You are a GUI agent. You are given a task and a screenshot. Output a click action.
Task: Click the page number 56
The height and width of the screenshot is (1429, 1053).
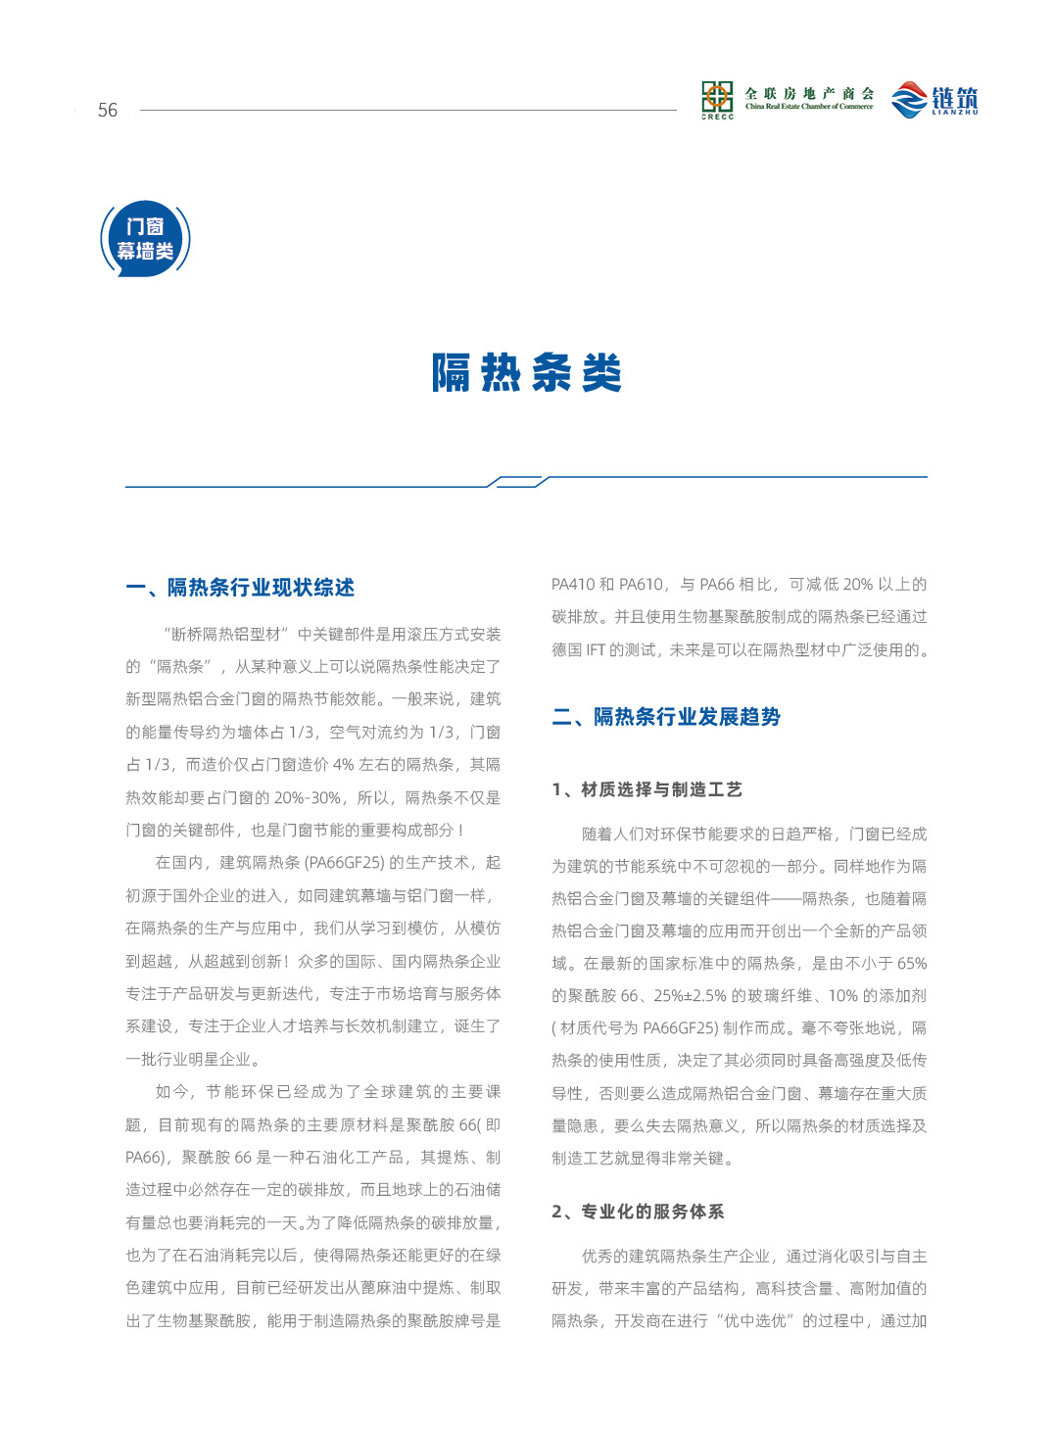[107, 110]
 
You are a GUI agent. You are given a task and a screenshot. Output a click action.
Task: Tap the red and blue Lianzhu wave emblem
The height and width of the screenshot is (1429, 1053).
[909, 99]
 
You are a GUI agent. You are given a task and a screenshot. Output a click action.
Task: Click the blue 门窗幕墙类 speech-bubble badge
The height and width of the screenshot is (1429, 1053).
[145, 239]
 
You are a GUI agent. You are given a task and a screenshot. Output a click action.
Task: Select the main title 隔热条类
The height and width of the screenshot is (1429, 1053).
[527, 373]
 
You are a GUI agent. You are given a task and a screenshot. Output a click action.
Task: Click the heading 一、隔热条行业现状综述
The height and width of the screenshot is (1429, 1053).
[240, 588]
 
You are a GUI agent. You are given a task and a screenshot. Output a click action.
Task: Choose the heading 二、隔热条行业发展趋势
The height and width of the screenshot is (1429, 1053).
[666, 717]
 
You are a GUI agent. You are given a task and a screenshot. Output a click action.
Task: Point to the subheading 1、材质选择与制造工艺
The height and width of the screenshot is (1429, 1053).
[646, 789]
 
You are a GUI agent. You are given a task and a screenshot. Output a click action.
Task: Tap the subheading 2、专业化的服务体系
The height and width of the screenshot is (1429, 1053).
[638, 1212]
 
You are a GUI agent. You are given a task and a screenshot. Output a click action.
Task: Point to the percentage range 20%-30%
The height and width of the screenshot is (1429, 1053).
[308, 798]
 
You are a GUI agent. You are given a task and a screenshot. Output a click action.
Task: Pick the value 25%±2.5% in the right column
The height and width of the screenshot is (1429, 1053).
[690, 996]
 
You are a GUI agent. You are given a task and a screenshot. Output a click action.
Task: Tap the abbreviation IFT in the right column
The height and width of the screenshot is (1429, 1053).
[596, 650]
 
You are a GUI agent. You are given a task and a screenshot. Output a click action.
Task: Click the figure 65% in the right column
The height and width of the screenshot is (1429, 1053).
[911, 964]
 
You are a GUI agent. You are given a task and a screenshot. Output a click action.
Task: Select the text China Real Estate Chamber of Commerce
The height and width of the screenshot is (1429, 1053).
[808, 107]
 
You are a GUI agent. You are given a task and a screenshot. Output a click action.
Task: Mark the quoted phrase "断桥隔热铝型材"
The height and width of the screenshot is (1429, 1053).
[226, 635]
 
